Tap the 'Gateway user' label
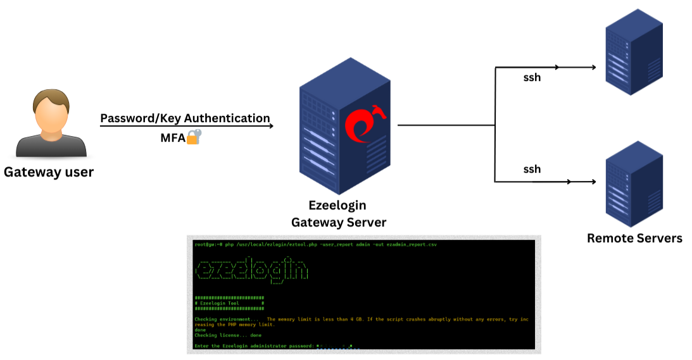click(x=49, y=171)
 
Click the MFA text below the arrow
click(x=172, y=137)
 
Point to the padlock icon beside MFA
click(x=193, y=136)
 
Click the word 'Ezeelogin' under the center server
click(x=337, y=206)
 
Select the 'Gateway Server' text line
click(x=338, y=222)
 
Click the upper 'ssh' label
click(x=532, y=78)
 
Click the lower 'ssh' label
click(x=532, y=169)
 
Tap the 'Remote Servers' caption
click(x=634, y=238)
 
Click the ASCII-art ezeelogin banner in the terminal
click(x=252, y=270)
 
